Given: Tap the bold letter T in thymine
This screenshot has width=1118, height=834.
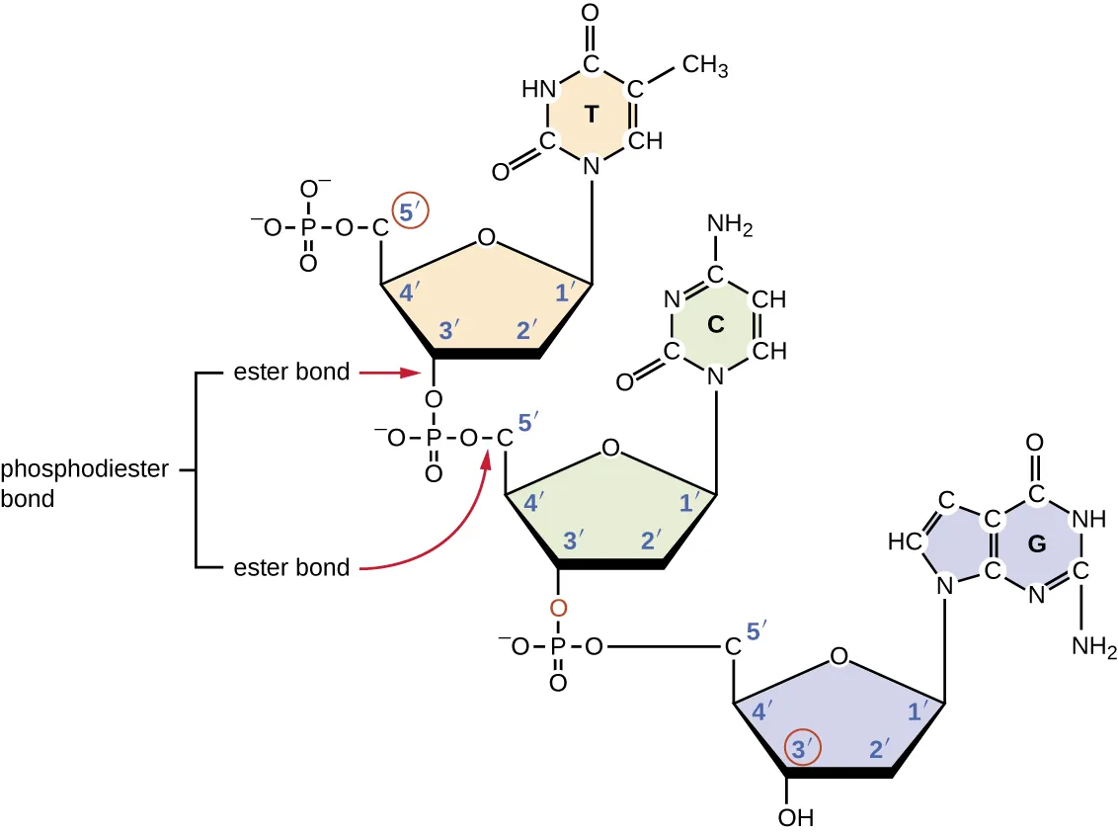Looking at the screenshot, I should tap(590, 115).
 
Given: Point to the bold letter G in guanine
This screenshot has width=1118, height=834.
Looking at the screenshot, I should tap(1036, 543).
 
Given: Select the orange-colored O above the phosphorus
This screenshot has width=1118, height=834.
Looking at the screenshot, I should tap(558, 609).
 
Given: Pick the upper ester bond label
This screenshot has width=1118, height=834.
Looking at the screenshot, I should tap(291, 373).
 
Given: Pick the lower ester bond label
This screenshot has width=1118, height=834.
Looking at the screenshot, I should tap(291, 567).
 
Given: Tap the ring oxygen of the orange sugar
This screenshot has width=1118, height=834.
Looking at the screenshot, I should tap(484, 237).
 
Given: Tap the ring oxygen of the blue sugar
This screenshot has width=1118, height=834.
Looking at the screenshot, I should tap(838, 656).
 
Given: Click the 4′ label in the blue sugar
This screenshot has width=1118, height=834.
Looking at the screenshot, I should tap(762, 709).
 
